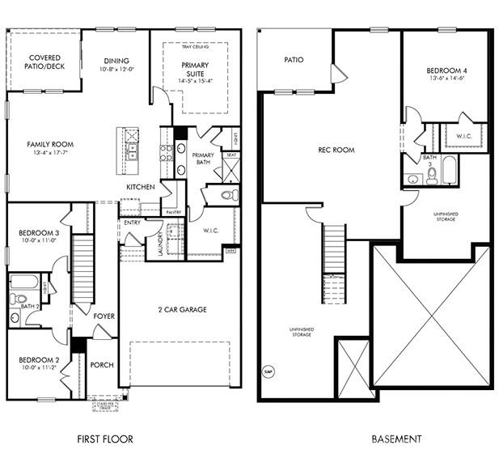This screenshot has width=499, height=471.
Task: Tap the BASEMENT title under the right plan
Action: coord(396,439)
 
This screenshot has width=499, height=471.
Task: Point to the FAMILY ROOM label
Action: coord(50,144)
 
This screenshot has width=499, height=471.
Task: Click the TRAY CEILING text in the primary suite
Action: coord(196,48)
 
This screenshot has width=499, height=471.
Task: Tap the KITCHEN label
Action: coord(140,187)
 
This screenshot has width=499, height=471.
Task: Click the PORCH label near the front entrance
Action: coord(102,364)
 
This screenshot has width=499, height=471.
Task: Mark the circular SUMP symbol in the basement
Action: coord(269,372)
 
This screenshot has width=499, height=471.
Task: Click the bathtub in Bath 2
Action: coord(23,282)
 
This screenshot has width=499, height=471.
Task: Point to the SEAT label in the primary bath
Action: coord(231,155)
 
